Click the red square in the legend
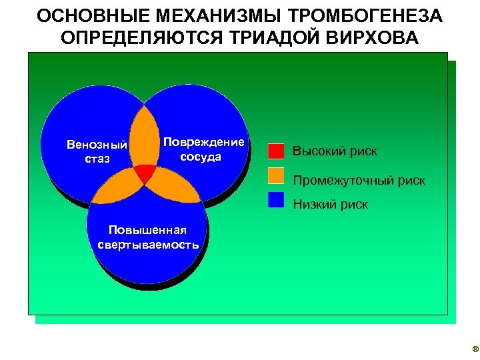pos(276,151)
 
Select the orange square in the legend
pos(276,175)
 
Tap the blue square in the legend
pos(276,199)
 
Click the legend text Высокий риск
pos(335,151)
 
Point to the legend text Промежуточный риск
pos(359,181)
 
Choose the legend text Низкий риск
pos(330,205)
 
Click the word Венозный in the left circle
pos(97,145)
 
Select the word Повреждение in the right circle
pos(204,143)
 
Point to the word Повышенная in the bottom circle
pos(147,231)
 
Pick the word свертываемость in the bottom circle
pos(148,244)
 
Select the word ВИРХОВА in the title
pos(372,37)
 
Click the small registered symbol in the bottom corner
pos(475,349)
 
